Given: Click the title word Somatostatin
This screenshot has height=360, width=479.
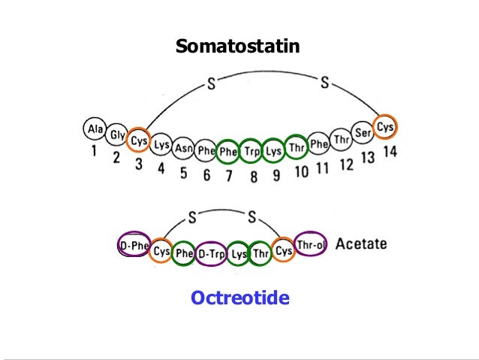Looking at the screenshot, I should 237,47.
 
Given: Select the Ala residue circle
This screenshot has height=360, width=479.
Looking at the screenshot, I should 95,129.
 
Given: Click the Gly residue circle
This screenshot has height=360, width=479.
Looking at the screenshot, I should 116,135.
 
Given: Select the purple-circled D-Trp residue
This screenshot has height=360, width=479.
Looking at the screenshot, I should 212,253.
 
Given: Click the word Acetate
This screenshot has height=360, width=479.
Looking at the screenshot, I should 361,244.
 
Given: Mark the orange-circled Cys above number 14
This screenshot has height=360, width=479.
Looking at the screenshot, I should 385,126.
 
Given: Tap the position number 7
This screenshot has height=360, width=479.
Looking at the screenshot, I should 230,177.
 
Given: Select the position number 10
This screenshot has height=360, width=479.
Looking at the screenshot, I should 300,172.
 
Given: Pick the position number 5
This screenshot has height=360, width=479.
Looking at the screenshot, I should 183,174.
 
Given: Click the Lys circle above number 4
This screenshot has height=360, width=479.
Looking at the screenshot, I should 161,146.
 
